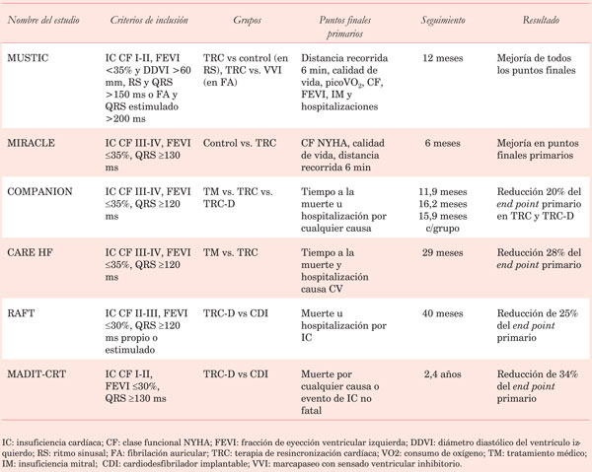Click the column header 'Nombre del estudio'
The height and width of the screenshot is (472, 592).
(46, 20)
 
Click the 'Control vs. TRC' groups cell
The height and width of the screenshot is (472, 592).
(239, 143)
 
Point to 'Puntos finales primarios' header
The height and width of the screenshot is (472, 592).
(340, 26)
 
